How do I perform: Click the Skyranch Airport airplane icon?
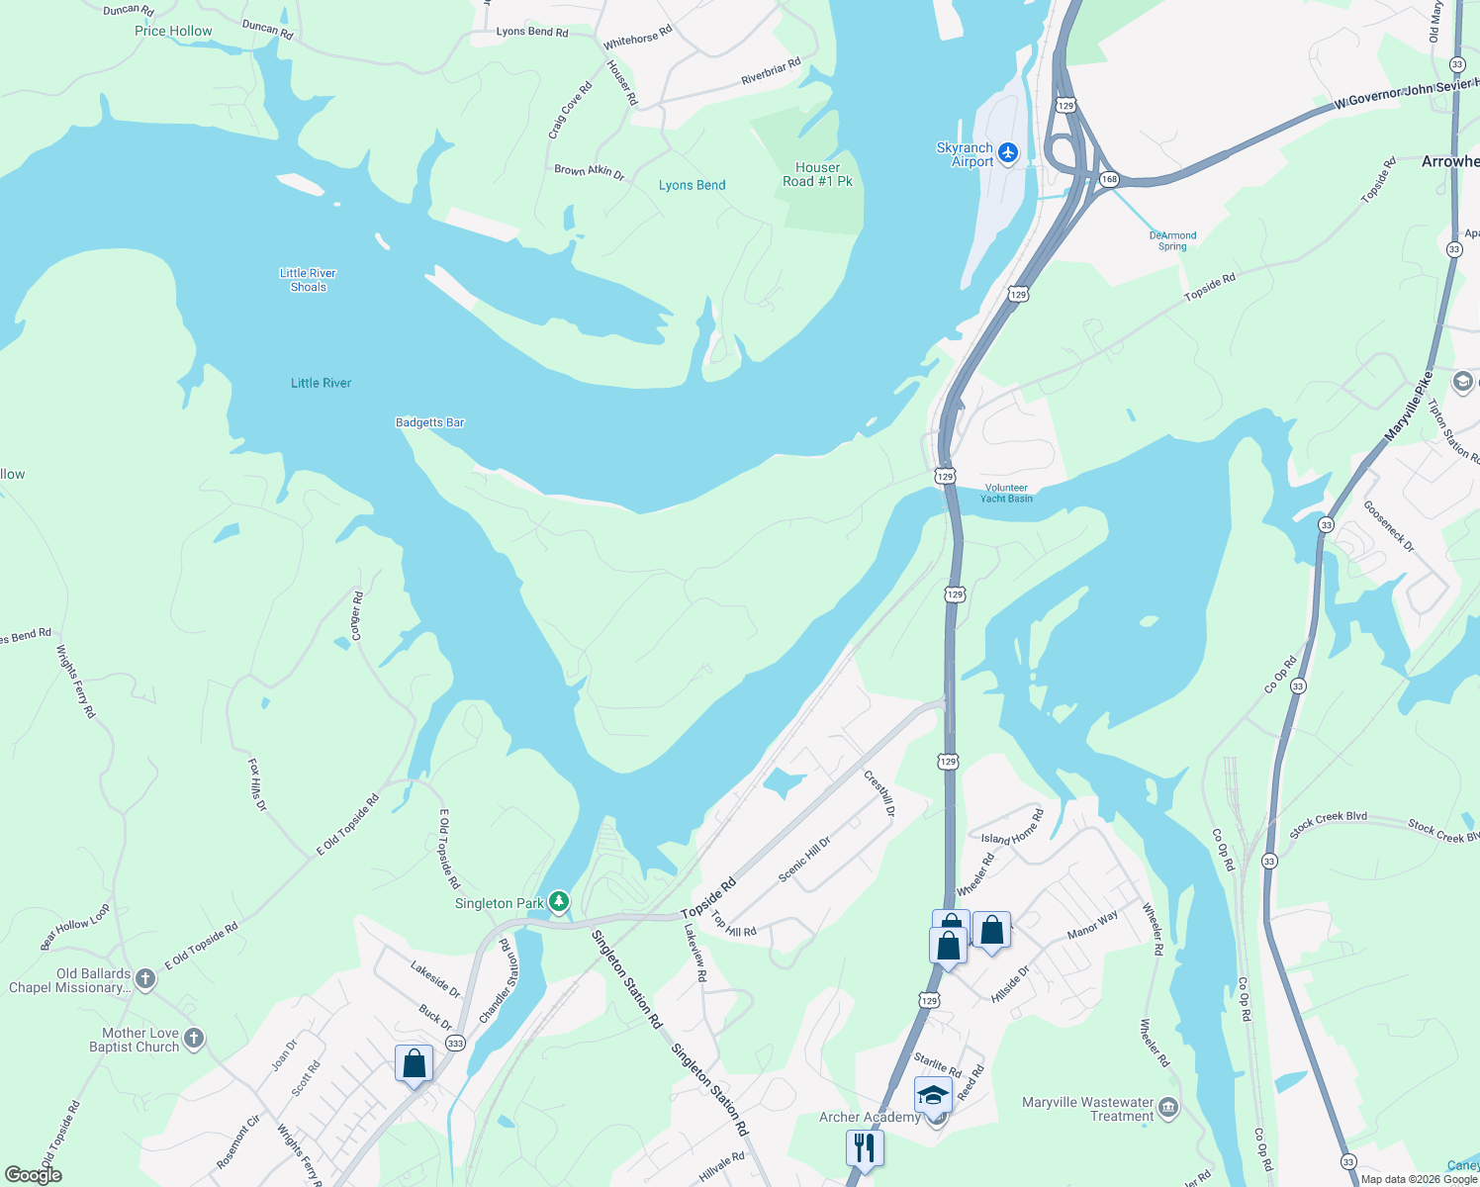coord(1008,152)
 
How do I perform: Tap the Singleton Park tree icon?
coord(559,901)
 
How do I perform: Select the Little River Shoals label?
coord(308,280)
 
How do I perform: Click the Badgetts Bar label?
coord(429,422)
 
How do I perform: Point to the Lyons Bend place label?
coord(692,185)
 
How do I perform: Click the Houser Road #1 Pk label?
coord(817,174)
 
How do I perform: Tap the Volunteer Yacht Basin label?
coord(1006,493)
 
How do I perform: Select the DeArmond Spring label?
coord(1172,240)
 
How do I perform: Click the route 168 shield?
coord(1109,179)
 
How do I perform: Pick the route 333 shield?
coord(455,1043)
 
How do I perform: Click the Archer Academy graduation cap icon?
coord(933,1095)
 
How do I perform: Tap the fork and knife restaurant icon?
coord(865,1147)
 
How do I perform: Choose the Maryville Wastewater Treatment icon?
coord(1168,1106)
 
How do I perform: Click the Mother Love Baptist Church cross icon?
coord(194,1038)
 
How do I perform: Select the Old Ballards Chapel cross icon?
coord(145,979)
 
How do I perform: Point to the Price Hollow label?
coord(173,31)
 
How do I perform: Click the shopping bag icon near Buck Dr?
coord(414,1064)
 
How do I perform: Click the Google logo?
coord(34,1175)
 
